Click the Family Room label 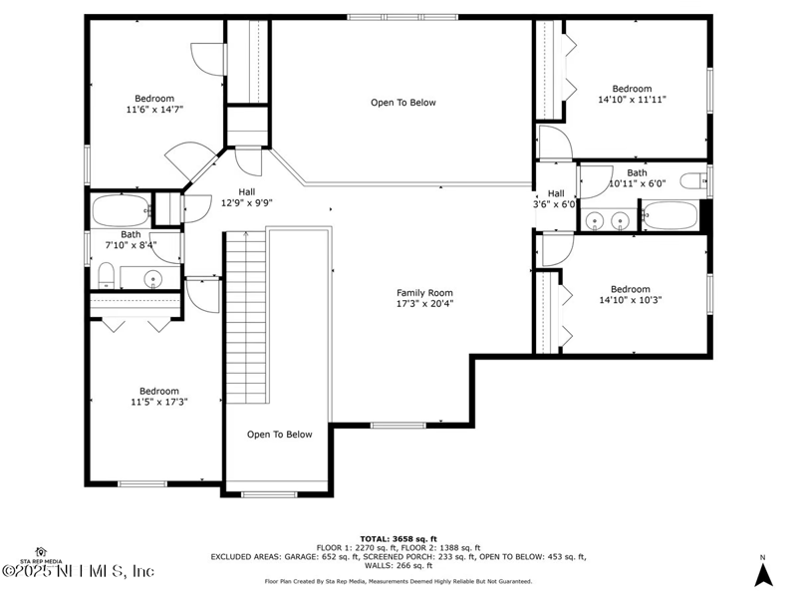pos(424,293)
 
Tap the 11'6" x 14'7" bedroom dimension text pos(154,110)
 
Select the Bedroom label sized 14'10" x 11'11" pos(632,89)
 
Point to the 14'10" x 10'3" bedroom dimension pos(631,300)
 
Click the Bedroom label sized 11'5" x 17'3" pos(158,391)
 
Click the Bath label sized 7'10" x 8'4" pos(132,235)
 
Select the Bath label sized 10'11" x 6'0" pos(637,172)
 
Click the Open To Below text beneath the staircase pos(280,435)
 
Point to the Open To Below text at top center pos(403,103)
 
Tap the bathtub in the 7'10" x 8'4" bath pos(120,211)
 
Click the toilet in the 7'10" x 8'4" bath pos(107,274)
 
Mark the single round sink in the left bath pos(154,278)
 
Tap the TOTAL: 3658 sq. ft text pos(398,538)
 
